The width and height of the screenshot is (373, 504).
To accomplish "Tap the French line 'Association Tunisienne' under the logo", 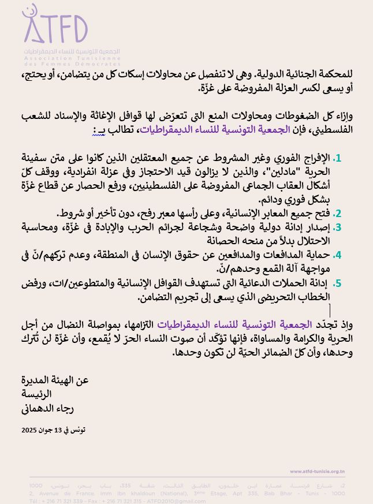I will [72, 59].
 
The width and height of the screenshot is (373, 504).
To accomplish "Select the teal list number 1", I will [338, 158].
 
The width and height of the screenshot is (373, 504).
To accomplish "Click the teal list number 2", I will [338, 213].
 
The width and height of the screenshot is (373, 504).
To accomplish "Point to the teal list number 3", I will [338, 227].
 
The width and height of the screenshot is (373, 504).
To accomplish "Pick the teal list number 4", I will [338, 255].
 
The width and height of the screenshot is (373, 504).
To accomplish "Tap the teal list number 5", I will [338, 283].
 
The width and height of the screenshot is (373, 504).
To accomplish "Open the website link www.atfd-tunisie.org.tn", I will [318, 472].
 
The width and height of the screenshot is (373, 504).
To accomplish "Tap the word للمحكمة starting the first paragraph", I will [332, 75].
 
